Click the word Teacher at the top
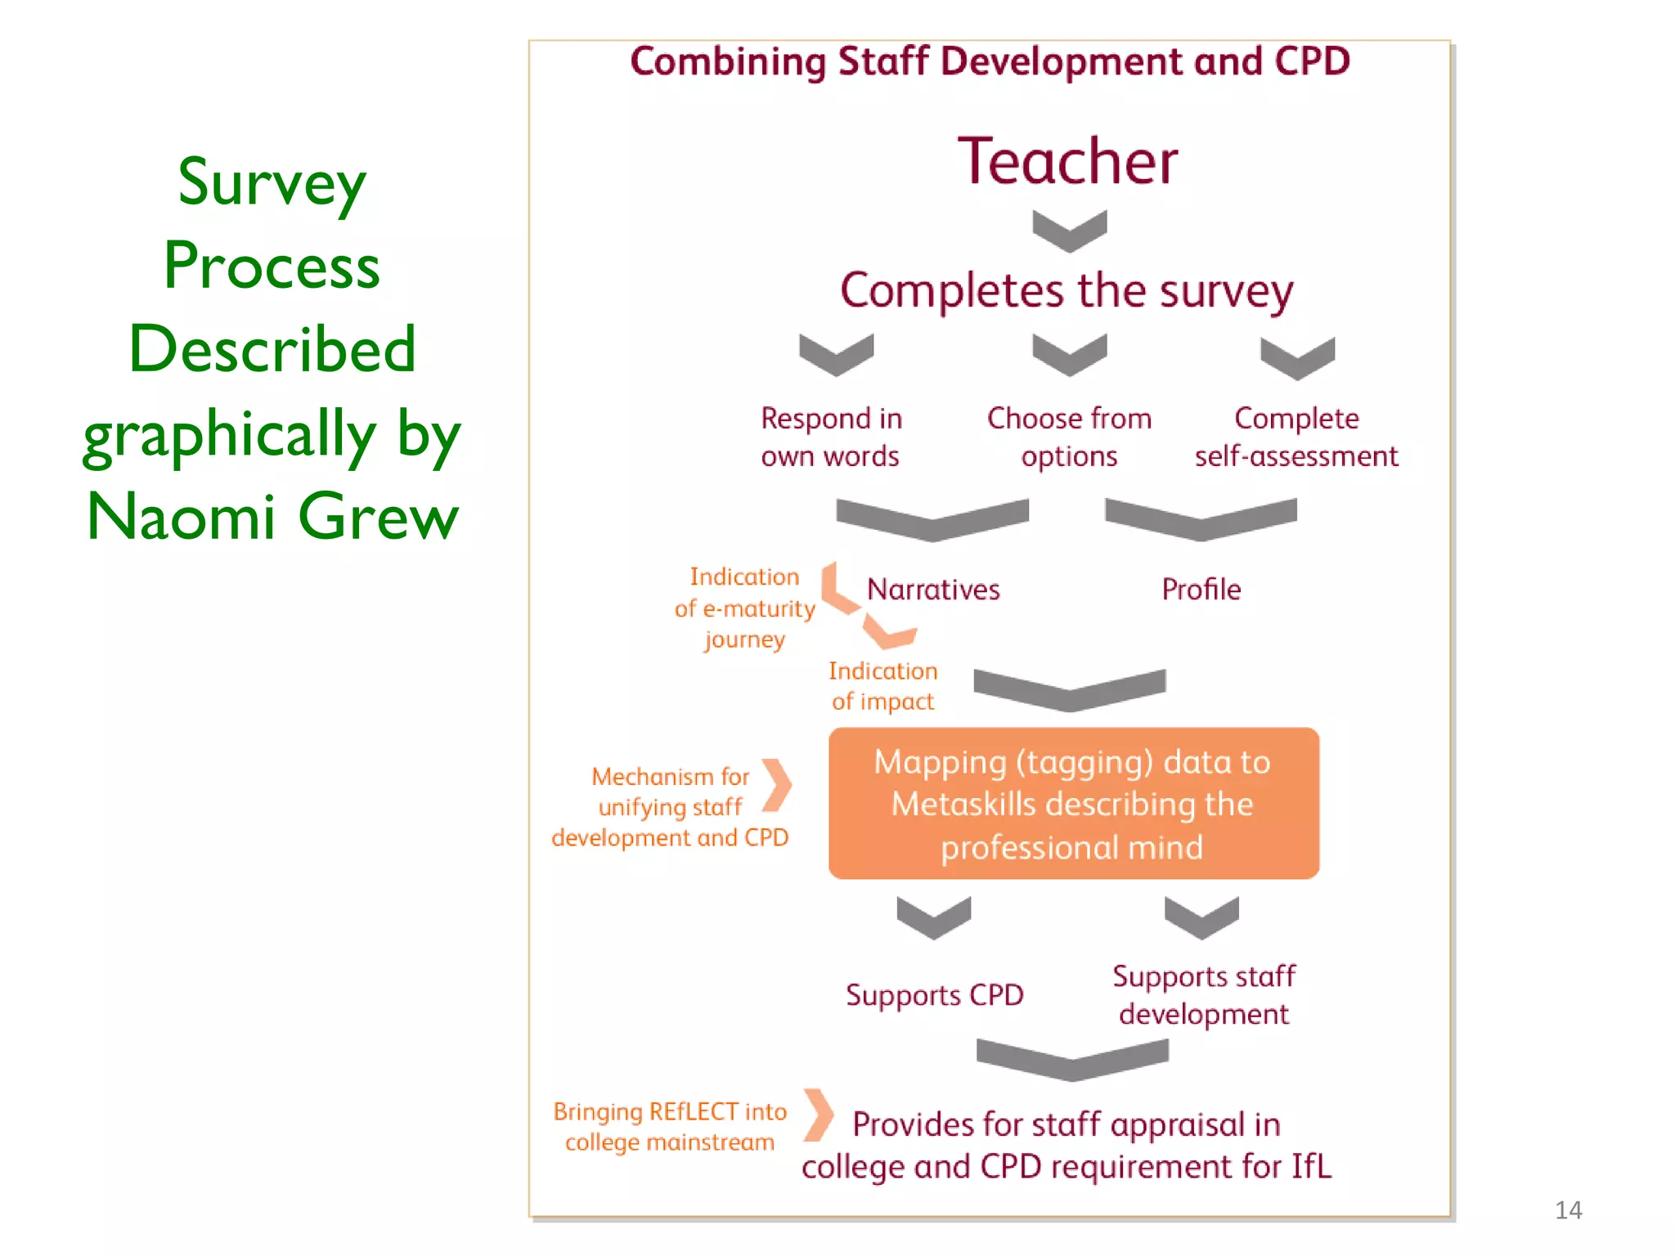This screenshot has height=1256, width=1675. [1067, 161]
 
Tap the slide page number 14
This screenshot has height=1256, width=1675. [1568, 1209]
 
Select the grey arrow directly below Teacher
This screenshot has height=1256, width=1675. [1069, 231]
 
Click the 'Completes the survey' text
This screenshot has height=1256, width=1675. [1067, 290]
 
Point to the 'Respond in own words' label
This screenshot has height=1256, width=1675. [831, 437]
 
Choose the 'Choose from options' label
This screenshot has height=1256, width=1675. [1069, 437]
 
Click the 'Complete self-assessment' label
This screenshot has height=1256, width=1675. [1296, 437]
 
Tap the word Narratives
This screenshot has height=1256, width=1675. [933, 590]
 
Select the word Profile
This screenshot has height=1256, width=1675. [1201, 590]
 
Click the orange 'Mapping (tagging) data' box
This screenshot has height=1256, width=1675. [1073, 804]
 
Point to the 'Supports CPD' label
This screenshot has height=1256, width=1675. [934, 995]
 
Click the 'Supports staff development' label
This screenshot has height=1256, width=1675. [1204, 995]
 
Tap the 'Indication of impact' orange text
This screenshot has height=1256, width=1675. [882, 686]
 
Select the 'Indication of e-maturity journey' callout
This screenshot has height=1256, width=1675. [744, 608]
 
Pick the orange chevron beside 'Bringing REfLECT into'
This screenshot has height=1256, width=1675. [818, 1115]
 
